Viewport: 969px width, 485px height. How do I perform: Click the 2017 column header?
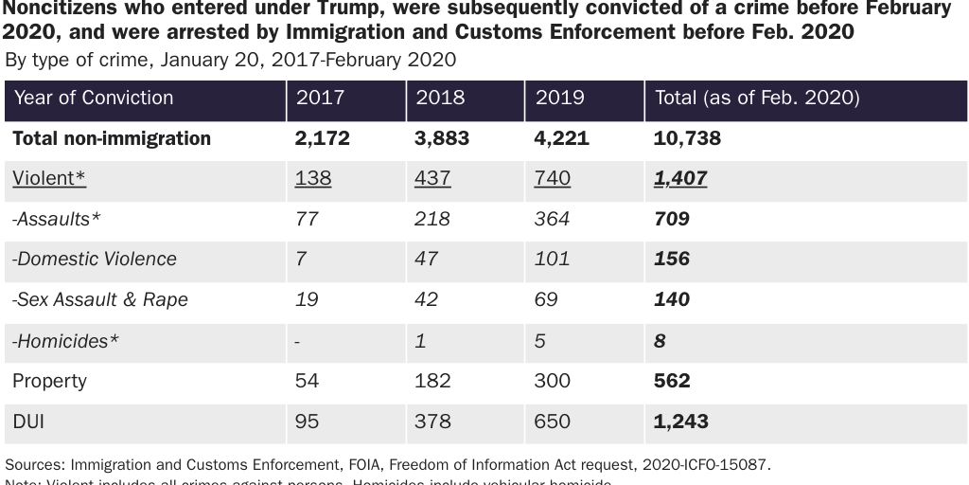(x=320, y=98)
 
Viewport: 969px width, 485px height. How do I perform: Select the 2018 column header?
(x=440, y=98)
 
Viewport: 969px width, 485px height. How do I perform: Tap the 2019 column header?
(x=560, y=98)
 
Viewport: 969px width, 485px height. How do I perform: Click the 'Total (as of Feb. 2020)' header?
(x=756, y=98)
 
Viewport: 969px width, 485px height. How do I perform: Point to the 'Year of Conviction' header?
(x=94, y=98)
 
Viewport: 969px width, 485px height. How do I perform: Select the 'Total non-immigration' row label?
(x=112, y=138)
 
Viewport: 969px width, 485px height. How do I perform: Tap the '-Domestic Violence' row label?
(x=94, y=259)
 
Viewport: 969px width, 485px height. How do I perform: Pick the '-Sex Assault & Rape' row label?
(x=99, y=299)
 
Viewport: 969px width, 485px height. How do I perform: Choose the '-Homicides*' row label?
(x=65, y=340)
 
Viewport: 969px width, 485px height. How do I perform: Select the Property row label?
(x=49, y=381)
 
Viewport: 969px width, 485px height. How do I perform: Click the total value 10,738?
(x=687, y=138)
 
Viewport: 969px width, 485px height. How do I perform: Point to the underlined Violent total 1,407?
(x=680, y=178)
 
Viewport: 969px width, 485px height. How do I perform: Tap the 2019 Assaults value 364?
(x=553, y=219)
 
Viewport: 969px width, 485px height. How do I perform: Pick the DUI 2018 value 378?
(x=432, y=422)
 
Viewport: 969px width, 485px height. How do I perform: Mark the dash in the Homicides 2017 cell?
(x=299, y=341)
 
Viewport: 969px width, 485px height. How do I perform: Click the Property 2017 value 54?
(x=308, y=381)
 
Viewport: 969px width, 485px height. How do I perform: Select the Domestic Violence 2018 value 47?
(x=427, y=259)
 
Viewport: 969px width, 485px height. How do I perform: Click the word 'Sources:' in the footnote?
(x=34, y=464)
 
